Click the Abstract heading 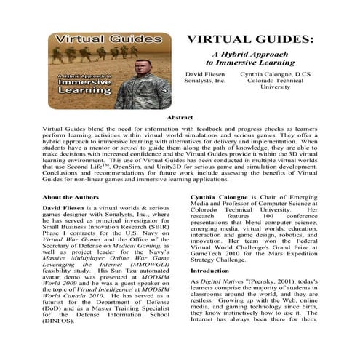(x=180, y=116)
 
